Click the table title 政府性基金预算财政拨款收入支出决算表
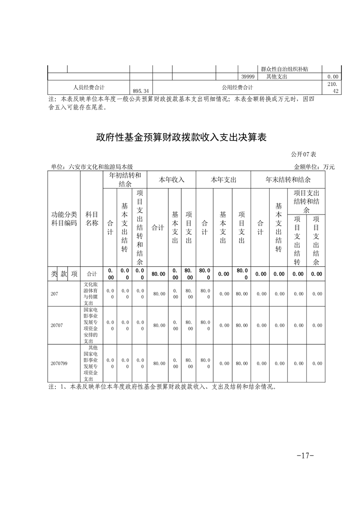coord(180,137)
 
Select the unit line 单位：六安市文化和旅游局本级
coord(92,167)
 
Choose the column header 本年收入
coord(171,180)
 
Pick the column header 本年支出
coord(223,180)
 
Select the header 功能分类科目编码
coord(64,219)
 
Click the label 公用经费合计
coord(237,88)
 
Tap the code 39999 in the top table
coord(247,77)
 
